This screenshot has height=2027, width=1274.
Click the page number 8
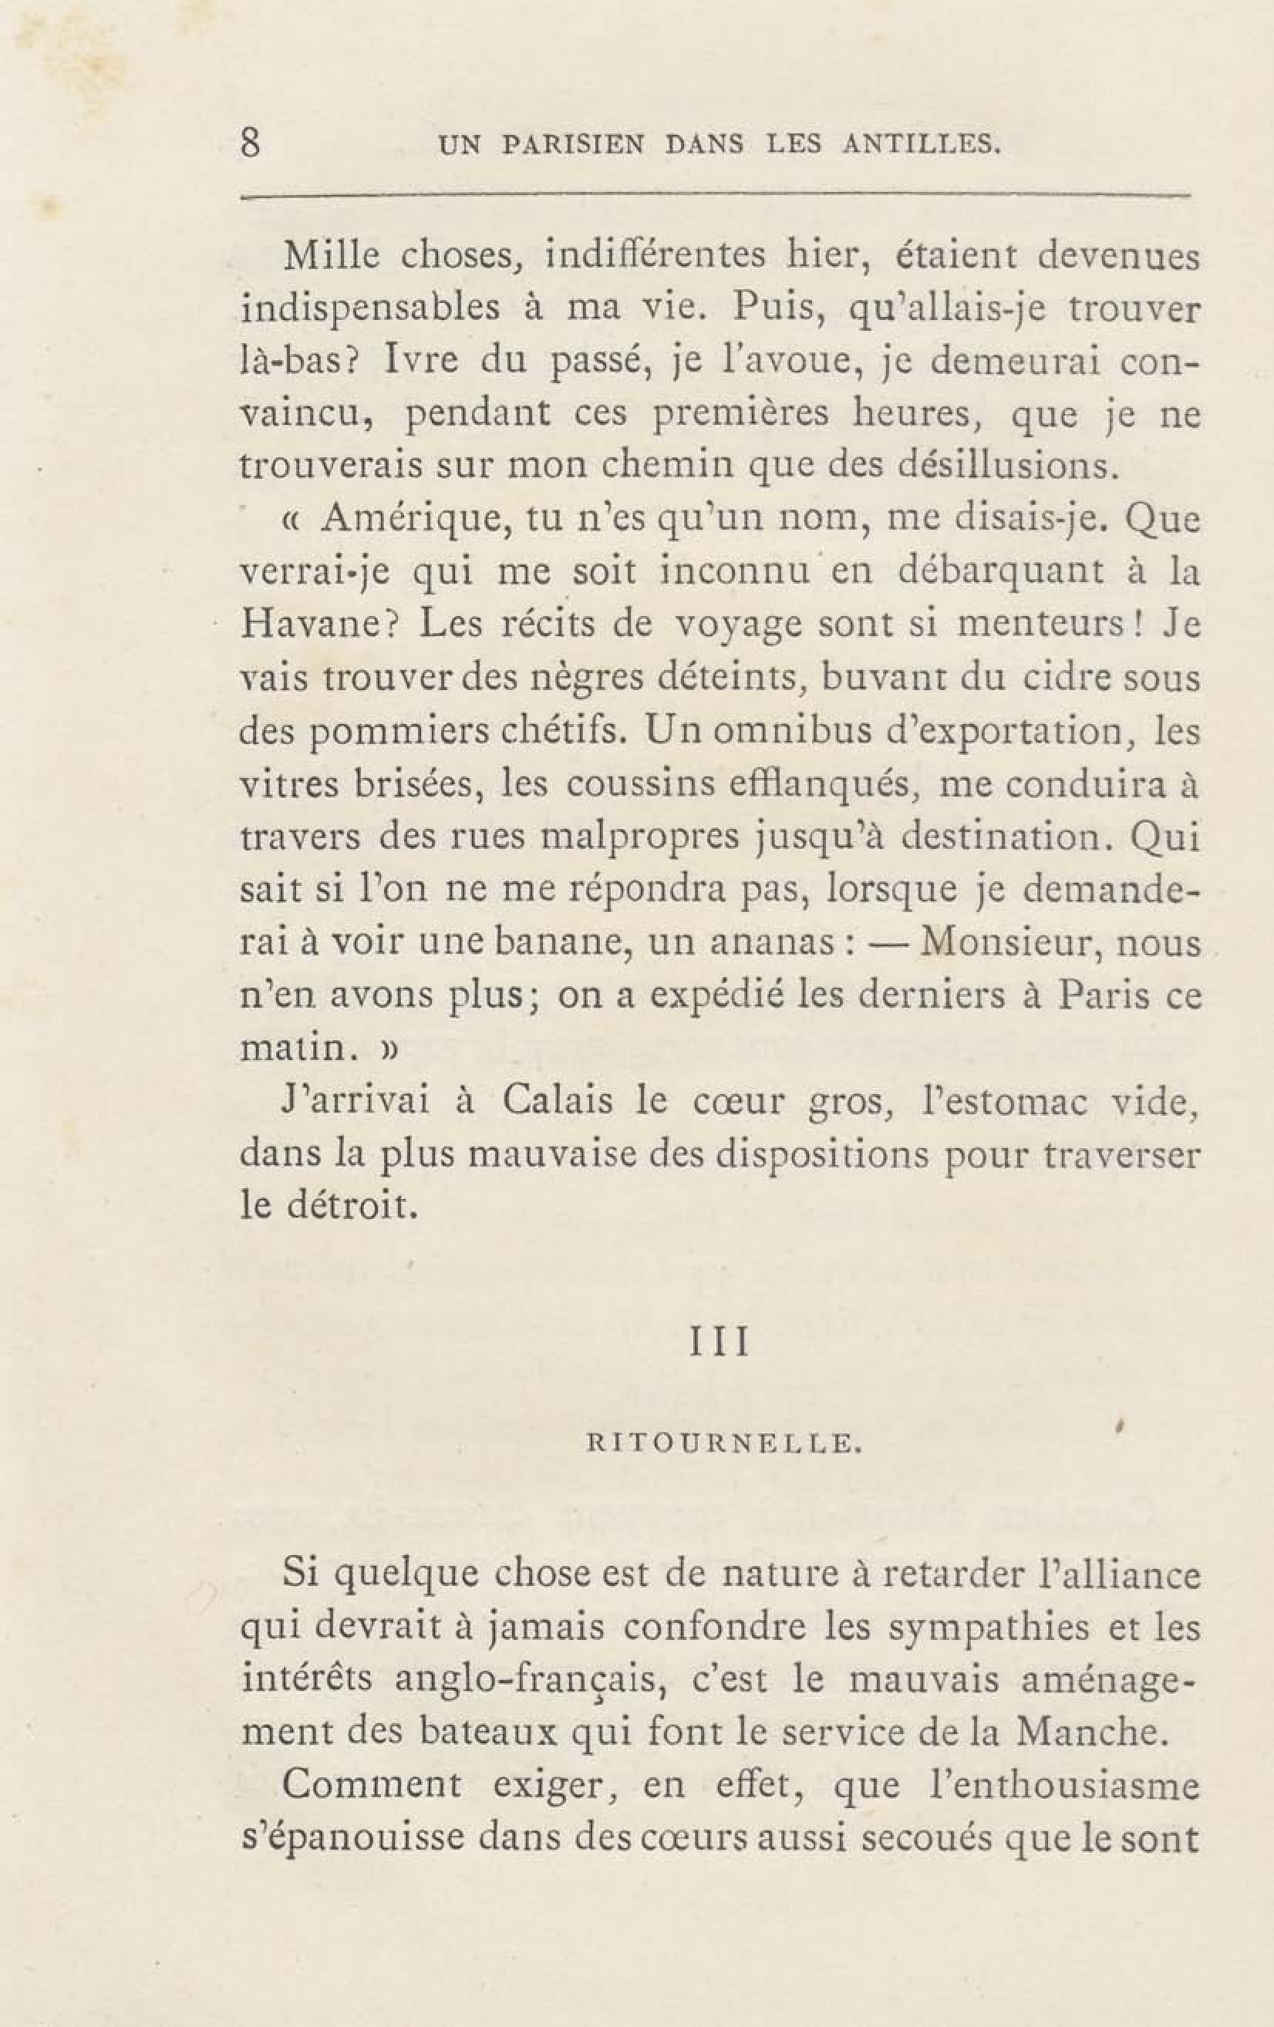(x=250, y=143)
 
